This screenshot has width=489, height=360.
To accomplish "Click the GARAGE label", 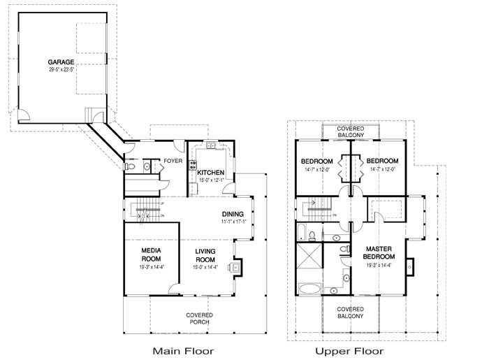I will coord(61,62).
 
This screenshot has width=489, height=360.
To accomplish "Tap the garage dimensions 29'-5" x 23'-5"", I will coord(61,69).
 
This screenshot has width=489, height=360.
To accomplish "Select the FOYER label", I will coord(173,161).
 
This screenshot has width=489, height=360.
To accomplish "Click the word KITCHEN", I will coord(210,173).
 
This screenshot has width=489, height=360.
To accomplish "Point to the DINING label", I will coord(233,214).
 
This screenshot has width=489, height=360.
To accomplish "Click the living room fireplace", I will coord(237,266).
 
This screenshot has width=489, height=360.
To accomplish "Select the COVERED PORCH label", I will coord(199,319).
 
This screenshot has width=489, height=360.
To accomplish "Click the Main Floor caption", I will coord(182,350).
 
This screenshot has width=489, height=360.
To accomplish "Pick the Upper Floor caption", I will coord(349,350).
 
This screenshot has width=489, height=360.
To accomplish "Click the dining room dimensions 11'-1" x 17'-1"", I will coord(233,222).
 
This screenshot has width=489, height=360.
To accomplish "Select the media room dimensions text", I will coord(152,267).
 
